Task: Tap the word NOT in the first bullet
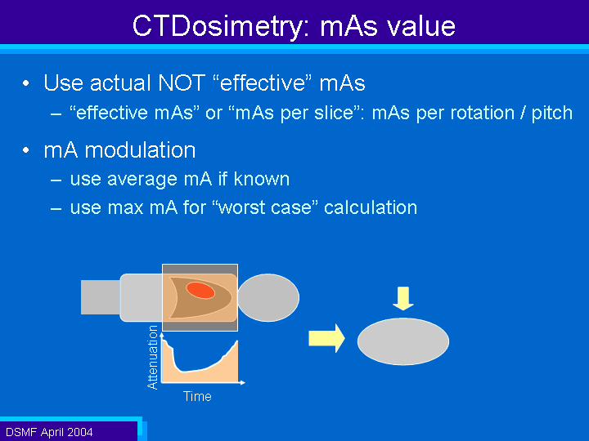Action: click(182, 82)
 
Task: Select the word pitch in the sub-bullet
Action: click(551, 114)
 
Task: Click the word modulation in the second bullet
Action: click(140, 150)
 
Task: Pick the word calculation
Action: click(371, 207)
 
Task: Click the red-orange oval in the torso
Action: click(200, 290)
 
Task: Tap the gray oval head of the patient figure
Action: click(268, 297)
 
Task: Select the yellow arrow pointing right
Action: click(326, 338)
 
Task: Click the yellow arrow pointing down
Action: click(403, 299)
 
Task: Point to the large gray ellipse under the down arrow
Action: click(403, 341)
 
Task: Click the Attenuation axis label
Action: click(152, 358)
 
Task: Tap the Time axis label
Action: click(197, 396)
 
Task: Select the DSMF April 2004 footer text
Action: click(49, 432)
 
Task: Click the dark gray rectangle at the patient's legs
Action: click(101, 297)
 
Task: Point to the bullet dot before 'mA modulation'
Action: click(25, 150)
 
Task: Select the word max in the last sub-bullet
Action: click(125, 208)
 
